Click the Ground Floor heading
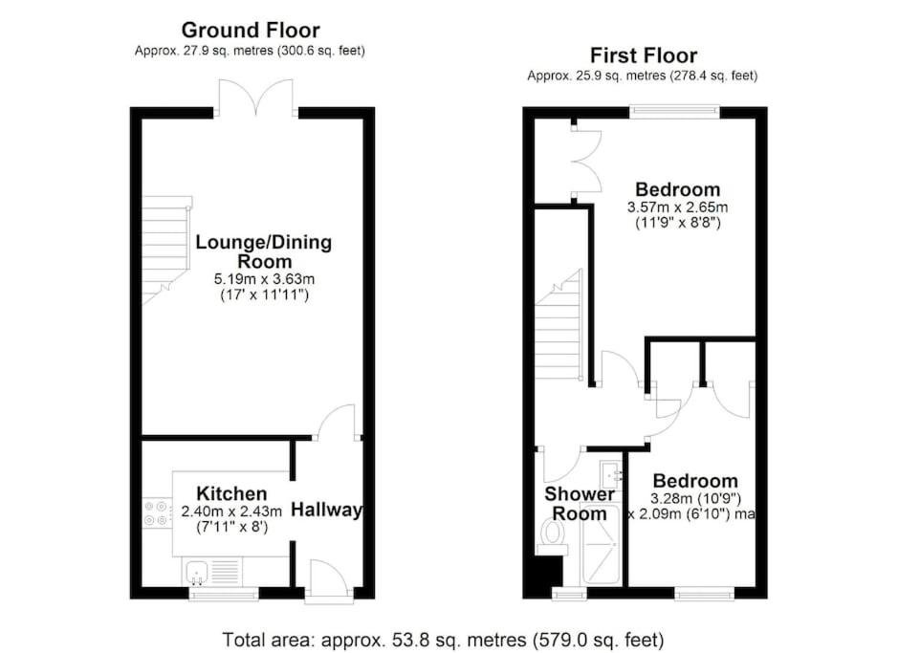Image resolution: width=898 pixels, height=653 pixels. [251, 30]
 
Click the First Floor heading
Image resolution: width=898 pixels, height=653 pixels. [644, 55]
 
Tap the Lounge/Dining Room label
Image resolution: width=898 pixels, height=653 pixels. [264, 251]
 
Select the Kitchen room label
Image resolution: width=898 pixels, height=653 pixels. [231, 493]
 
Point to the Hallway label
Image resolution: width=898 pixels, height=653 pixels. [327, 510]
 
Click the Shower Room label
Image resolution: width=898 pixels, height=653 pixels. [579, 504]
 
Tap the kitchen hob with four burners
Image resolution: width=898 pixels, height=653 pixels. [156, 512]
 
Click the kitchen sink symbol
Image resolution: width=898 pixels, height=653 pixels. [197, 573]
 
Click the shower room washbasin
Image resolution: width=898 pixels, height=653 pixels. [611, 473]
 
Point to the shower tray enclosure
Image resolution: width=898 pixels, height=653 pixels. [600, 544]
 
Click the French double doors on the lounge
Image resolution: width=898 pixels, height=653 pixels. [256, 98]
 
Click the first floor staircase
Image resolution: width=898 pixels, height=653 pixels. [559, 325]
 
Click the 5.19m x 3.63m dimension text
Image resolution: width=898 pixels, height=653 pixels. [264, 280]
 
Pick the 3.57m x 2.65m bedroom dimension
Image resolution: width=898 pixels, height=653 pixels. [677, 207]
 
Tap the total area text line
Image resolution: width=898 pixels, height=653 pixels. [443, 640]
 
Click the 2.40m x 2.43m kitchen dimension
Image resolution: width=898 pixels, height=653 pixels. [231, 512]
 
